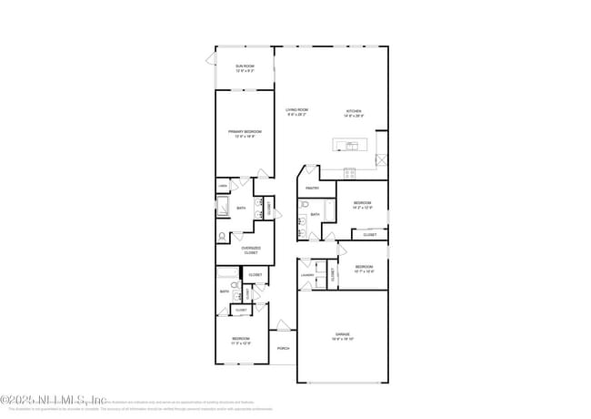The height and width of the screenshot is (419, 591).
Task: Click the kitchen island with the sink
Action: click(x=351, y=145)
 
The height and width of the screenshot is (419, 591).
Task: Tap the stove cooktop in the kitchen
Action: click(x=351, y=172)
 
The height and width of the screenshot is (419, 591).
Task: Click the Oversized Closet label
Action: click(x=251, y=250)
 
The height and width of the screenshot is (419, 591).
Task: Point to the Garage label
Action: click(x=344, y=336)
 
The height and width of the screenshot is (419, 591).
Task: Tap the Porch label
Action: click(x=284, y=348)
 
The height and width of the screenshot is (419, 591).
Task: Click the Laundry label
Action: click(x=307, y=274)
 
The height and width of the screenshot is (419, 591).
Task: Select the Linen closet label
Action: click(x=222, y=187)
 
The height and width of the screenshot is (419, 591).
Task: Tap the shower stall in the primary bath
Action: click(x=222, y=209)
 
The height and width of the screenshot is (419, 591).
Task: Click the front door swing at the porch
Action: click(x=285, y=325)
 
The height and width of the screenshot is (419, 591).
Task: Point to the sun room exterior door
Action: click(x=212, y=60)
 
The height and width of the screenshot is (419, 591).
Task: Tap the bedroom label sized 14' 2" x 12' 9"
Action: click(x=362, y=204)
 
